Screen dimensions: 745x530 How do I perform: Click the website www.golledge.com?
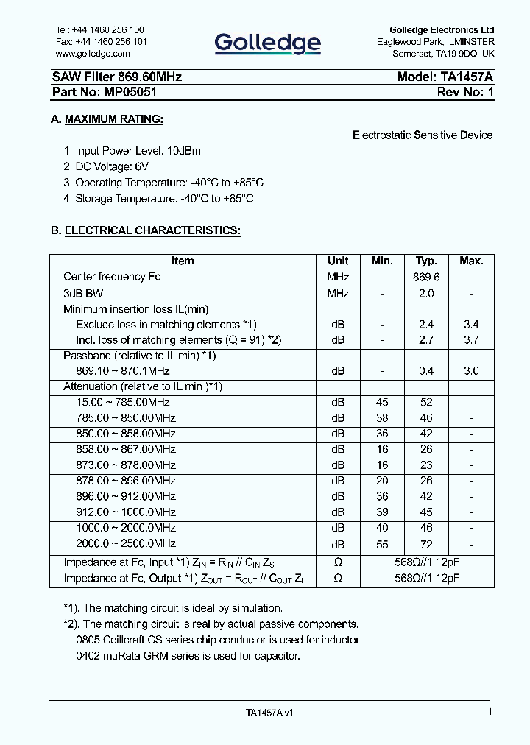[x=93, y=54]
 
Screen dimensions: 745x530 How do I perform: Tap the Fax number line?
[x=101, y=42]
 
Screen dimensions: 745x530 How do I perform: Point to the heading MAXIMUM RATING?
[x=113, y=119]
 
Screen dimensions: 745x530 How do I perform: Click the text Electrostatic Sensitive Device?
[x=423, y=135]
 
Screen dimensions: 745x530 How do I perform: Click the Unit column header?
[x=338, y=261]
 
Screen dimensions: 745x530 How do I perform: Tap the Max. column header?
[x=471, y=261]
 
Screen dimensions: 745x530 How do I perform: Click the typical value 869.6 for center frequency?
[x=427, y=277]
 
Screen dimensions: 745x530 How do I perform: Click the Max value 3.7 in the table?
[x=471, y=340]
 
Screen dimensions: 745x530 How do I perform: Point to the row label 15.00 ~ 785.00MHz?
[x=123, y=402]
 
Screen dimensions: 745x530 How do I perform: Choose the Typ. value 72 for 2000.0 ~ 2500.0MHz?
[x=427, y=544]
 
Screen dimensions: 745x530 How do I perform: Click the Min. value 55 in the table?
[x=382, y=544]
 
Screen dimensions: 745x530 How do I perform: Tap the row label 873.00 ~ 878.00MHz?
[x=126, y=465]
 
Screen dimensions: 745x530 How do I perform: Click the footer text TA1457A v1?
[x=269, y=713]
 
